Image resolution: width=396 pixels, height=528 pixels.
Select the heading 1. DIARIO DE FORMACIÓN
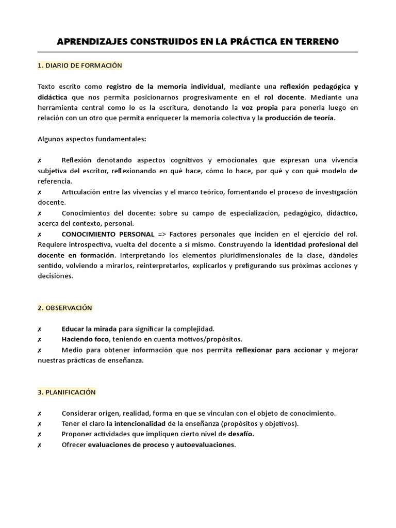tap(80, 65)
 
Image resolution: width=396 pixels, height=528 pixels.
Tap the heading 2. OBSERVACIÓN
tap(65, 308)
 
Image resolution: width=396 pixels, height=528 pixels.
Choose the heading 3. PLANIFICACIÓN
tap(67, 392)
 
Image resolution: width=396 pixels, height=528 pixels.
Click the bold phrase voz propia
tap(259, 108)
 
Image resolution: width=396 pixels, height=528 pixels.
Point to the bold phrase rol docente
tap(284, 97)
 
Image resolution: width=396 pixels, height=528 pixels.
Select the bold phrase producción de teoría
tap(300, 118)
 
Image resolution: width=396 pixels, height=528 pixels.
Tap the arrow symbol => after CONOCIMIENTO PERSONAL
tap(161, 234)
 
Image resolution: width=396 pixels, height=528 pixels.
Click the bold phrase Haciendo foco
tap(85, 339)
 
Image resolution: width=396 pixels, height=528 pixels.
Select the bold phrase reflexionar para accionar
tap(278, 350)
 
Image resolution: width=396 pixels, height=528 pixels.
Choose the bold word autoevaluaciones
tap(205, 445)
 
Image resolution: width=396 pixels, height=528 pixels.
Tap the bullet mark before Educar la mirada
tap(40, 329)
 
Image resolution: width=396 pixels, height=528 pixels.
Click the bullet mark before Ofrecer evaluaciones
tap(40, 445)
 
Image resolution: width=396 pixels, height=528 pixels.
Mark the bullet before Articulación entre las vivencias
tap(40, 192)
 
